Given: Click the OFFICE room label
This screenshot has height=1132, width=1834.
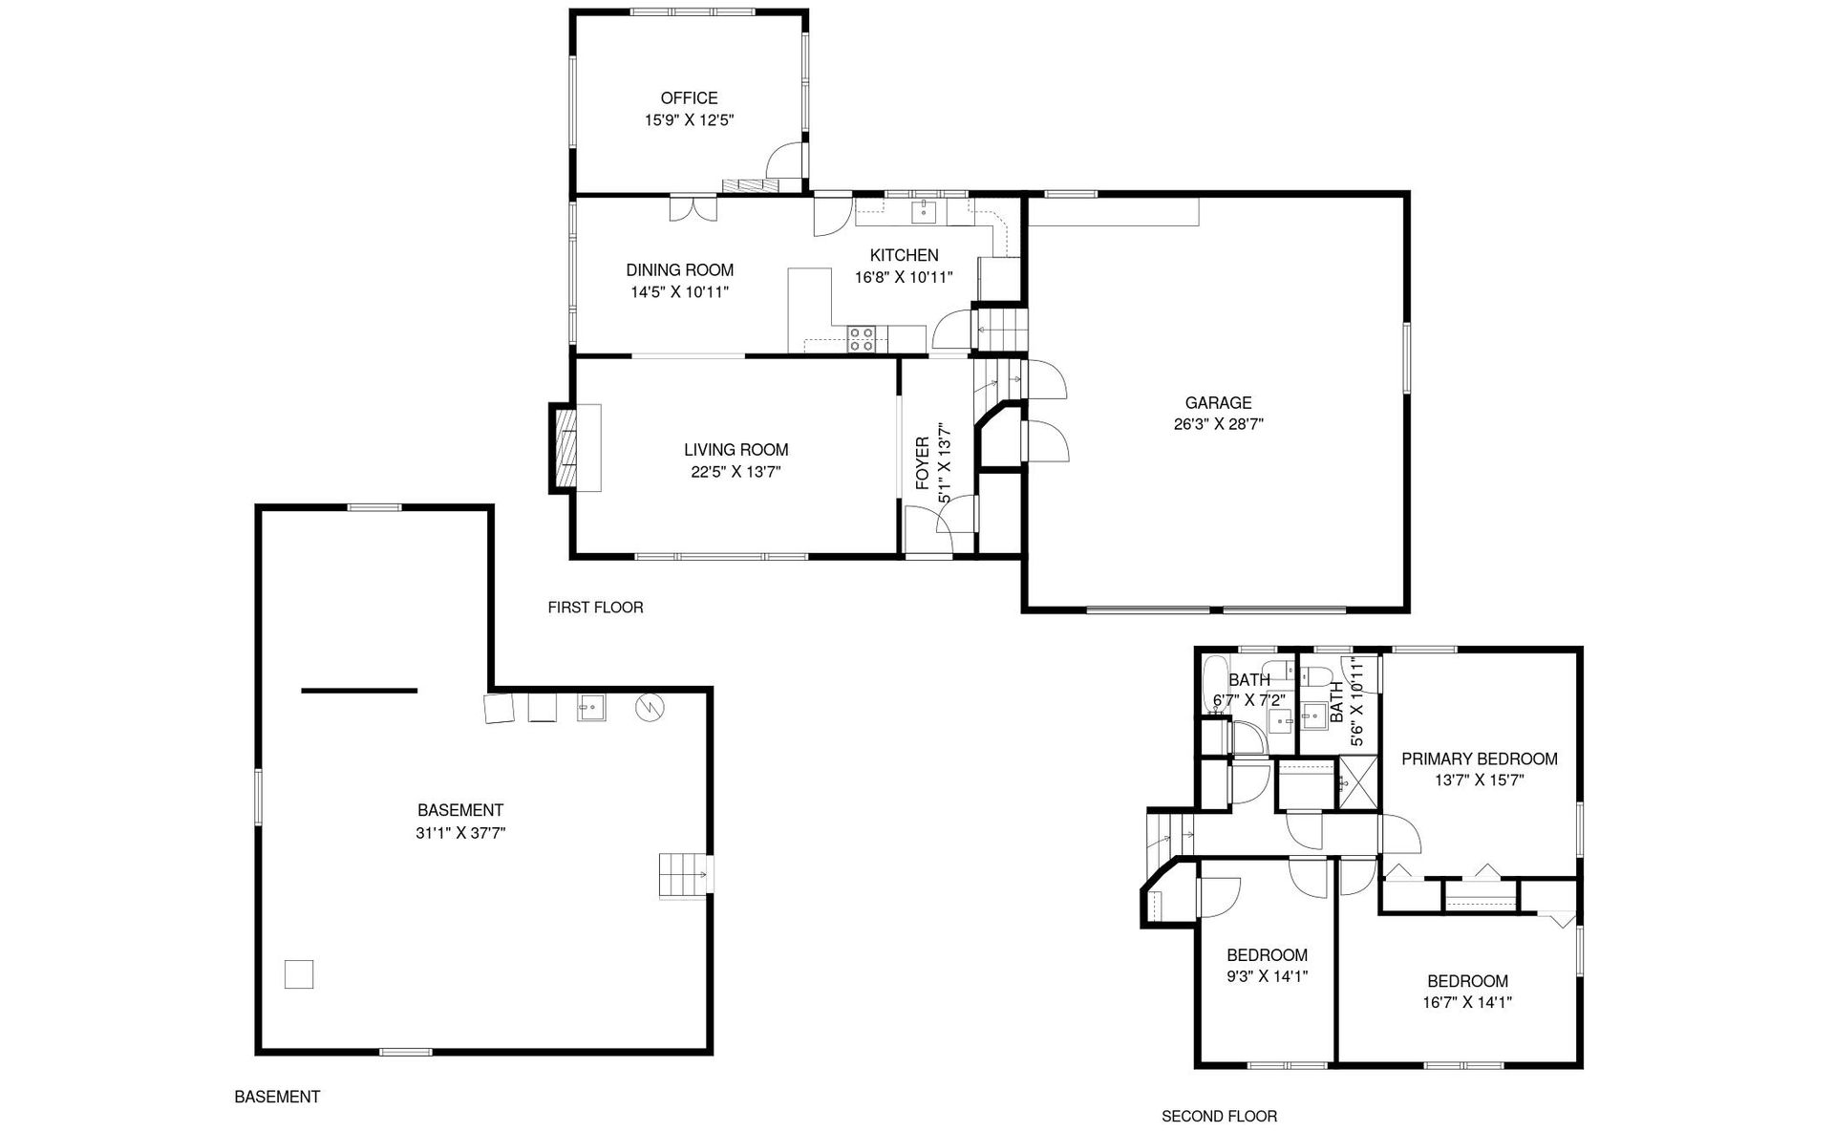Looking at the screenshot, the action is pyautogui.click(x=689, y=97).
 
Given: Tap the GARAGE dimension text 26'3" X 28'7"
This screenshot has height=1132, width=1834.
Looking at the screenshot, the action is pyautogui.click(x=1218, y=424).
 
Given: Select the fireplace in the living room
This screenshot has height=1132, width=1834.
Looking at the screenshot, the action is pyautogui.click(x=575, y=448).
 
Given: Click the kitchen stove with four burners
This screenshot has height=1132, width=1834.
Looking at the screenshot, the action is pyautogui.click(x=863, y=339).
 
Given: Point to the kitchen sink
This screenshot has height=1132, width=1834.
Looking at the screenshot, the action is pyautogui.click(x=924, y=212).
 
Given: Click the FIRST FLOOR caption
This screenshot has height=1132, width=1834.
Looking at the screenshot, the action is pyautogui.click(x=595, y=608).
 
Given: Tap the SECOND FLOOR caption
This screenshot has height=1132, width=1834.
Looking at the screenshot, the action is pyautogui.click(x=1219, y=1116).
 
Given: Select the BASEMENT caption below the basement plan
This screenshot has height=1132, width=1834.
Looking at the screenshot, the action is pyautogui.click(x=277, y=1097).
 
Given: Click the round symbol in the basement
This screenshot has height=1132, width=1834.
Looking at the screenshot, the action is pyautogui.click(x=650, y=707).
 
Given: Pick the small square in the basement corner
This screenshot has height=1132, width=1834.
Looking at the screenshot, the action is pyautogui.click(x=299, y=974).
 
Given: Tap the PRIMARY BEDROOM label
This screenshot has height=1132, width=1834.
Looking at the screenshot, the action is pyautogui.click(x=1479, y=759).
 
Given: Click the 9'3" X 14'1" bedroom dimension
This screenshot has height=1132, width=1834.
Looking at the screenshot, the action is pyautogui.click(x=1267, y=976).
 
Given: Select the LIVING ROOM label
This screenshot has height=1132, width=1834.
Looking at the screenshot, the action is pyautogui.click(x=736, y=450).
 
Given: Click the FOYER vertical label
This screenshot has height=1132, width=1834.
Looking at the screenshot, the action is pyautogui.click(x=923, y=463).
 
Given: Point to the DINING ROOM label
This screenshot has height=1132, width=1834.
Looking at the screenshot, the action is pyautogui.click(x=679, y=270).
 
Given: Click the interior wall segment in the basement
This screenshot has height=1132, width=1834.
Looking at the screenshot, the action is pyautogui.click(x=359, y=690).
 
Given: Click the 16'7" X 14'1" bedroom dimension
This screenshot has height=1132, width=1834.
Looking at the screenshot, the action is pyautogui.click(x=1467, y=1002).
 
